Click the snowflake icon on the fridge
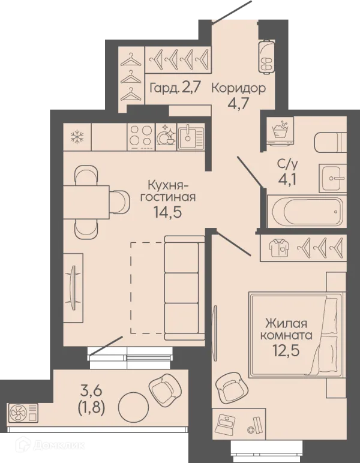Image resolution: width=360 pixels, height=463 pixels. (x=77, y=137)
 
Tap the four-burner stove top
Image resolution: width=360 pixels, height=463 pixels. (x=142, y=137)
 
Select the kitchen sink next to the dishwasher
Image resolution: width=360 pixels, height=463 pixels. (x=190, y=137)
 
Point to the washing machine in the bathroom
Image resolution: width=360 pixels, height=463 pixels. (x=280, y=131)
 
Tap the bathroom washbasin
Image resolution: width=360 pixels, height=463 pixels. (x=332, y=178)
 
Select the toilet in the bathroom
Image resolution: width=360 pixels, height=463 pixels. (x=331, y=143)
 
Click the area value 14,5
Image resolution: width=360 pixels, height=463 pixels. (x=167, y=212)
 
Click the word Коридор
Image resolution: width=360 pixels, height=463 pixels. (x=239, y=89)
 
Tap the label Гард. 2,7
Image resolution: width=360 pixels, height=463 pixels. (x=176, y=88)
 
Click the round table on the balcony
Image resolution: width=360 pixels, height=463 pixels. (x=133, y=407)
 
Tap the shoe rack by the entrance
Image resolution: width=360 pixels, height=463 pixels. (x=266, y=56)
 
